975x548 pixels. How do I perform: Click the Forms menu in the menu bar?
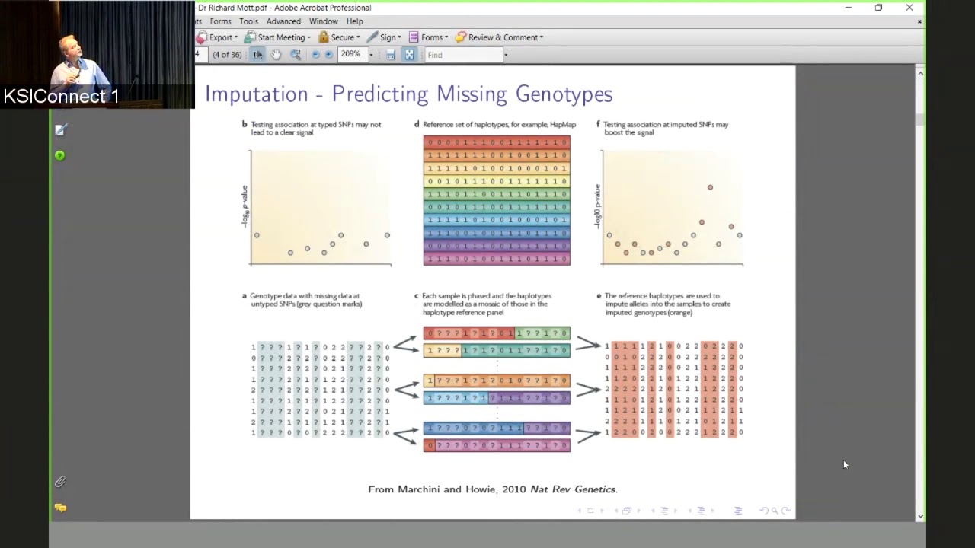tap(220, 21)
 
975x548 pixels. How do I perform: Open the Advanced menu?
tap(283, 21)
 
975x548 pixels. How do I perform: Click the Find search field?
tap(463, 55)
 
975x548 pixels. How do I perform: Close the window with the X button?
tap(909, 8)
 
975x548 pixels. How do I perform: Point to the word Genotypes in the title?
tap(564, 94)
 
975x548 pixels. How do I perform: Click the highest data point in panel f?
tap(710, 187)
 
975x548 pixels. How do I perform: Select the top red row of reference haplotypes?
tap(497, 142)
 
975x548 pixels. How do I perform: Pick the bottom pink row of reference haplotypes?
tap(497, 260)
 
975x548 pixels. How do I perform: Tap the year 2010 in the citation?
tap(513, 489)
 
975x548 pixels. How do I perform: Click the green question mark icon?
tap(59, 156)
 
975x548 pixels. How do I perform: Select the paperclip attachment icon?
tap(60, 482)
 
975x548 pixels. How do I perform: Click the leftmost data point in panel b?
tap(257, 235)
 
